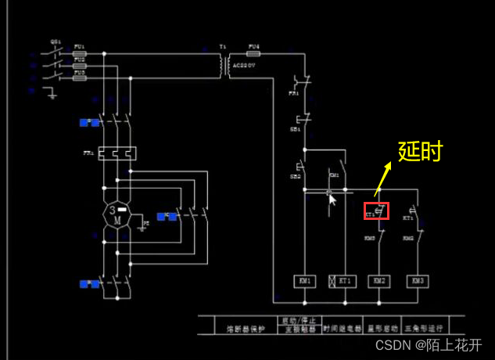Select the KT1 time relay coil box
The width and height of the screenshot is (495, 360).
[342, 280]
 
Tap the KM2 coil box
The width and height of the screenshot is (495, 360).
[379, 280]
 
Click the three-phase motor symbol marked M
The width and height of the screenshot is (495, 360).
[116, 215]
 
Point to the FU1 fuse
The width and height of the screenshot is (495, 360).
[79, 54]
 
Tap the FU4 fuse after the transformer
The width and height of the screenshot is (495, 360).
[253, 54]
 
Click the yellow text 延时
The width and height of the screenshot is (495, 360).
[421, 151]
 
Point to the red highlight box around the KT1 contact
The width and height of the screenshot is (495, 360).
[376, 211]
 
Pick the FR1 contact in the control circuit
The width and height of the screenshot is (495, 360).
[303, 82]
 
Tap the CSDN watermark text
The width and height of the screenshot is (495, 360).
[429, 344]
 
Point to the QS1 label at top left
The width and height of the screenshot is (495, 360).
[56, 41]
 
